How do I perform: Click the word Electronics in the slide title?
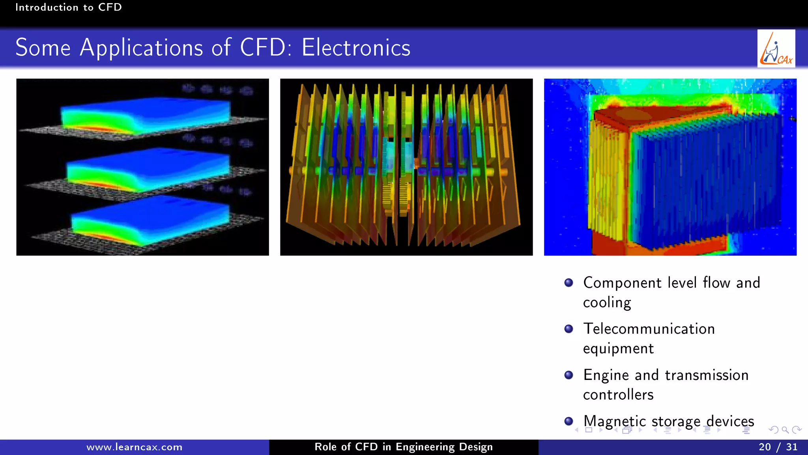click(356, 48)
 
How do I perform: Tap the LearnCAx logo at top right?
click(776, 49)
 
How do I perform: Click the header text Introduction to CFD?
click(68, 8)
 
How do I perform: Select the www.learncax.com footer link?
click(134, 447)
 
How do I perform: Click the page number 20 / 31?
click(778, 447)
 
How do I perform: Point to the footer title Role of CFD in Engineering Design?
click(403, 447)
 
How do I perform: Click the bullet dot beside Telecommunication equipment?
click(569, 329)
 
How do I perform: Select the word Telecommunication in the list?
click(649, 329)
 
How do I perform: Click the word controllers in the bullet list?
click(618, 395)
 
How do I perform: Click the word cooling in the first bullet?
click(607, 303)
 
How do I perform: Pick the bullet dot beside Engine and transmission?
click(569, 375)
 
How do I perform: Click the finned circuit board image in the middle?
click(406, 167)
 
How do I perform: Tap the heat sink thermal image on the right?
click(670, 167)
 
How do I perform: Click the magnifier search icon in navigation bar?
click(785, 430)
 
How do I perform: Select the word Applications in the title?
click(141, 48)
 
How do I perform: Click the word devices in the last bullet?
click(730, 421)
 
